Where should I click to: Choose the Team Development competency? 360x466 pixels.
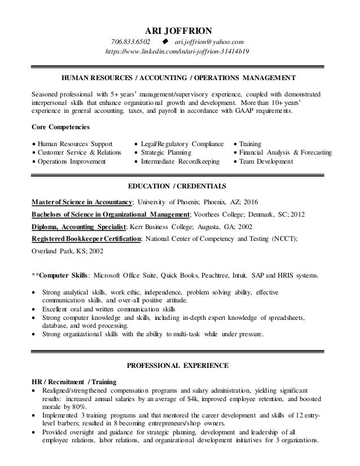266,162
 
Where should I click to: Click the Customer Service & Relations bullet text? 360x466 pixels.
79,152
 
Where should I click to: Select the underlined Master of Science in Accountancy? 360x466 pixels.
82,202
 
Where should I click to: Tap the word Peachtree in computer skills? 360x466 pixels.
217,276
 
